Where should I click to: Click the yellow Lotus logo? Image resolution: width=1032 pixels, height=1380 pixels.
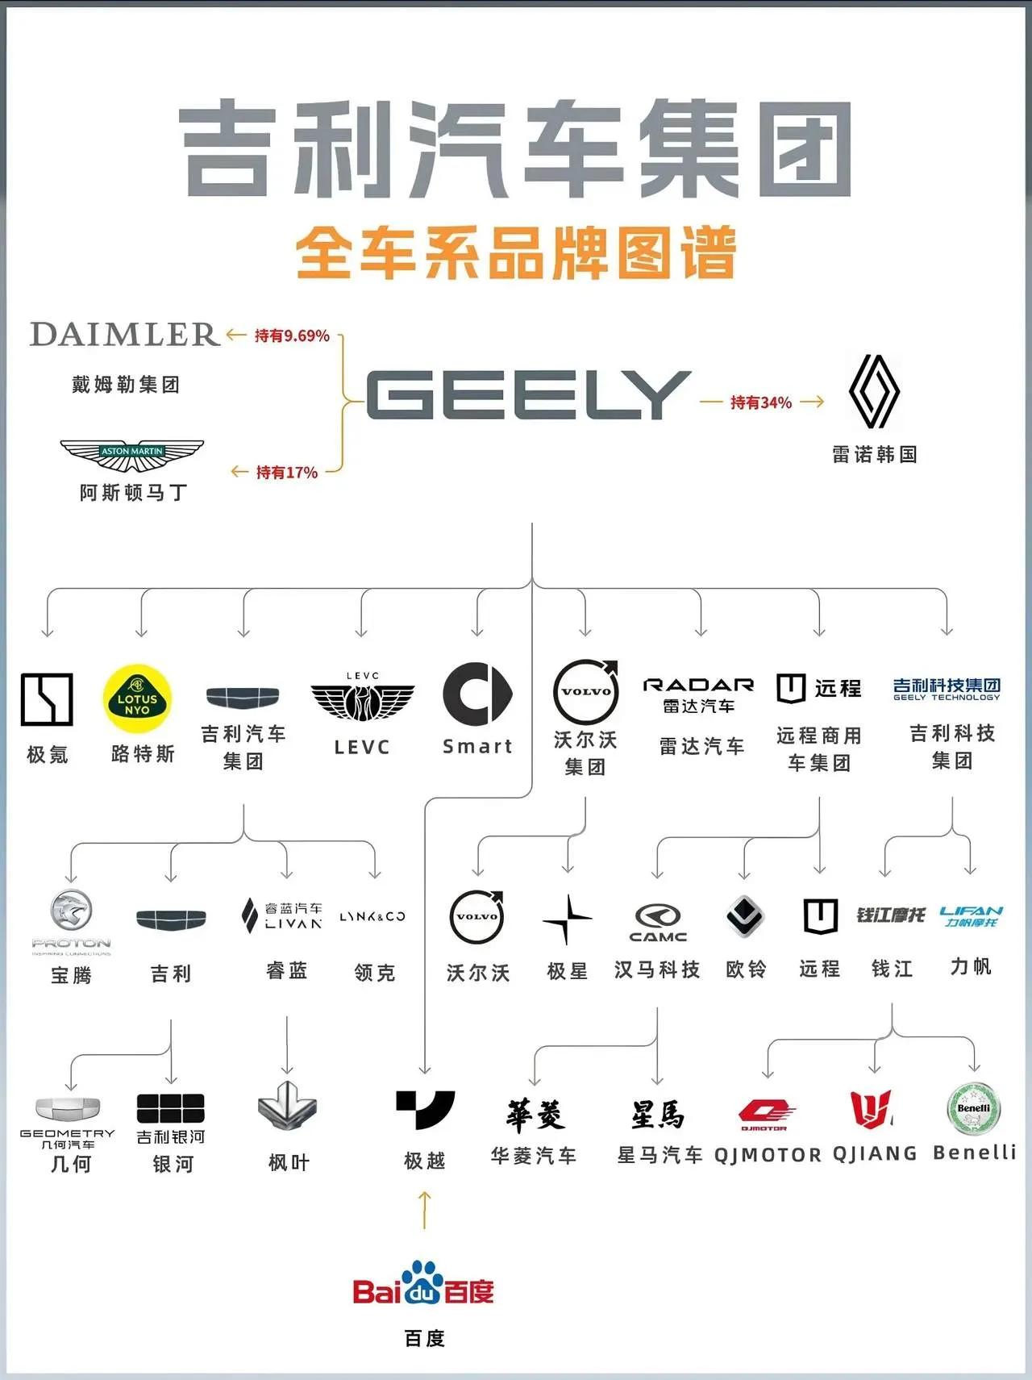[x=137, y=698]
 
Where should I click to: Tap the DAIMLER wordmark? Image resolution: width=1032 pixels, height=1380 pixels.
[x=124, y=334]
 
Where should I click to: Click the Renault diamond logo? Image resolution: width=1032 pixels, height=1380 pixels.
[x=874, y=391]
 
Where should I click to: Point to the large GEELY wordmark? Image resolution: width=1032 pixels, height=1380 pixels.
[x=528, y=395]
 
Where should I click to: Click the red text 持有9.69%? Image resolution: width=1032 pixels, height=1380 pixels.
[x=292, y=336]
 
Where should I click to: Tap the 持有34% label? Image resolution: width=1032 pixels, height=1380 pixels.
[x=761, y=402]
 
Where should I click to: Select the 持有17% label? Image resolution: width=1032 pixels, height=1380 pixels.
[x=286, y=473]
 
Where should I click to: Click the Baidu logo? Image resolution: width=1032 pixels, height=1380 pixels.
[x=423, y=1284]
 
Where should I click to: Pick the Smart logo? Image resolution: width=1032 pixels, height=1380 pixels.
[x=477, y=694]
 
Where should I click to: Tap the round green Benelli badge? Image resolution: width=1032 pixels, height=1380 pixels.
[x=973, y=1109]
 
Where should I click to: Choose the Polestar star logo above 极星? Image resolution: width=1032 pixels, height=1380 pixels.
[x=567, y=919]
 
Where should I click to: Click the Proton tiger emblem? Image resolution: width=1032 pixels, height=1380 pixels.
[x=71, y=912]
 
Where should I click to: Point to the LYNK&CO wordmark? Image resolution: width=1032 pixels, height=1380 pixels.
[x=372, y=916]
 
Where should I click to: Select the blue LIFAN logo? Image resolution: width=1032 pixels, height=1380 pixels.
[x=971, y=915]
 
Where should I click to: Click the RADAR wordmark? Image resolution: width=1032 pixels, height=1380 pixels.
[x=698, y=685]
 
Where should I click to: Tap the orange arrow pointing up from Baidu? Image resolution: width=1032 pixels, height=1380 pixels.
[x=425, y=1210]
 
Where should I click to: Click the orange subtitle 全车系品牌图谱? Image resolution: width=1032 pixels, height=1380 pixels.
[x=516, y=253]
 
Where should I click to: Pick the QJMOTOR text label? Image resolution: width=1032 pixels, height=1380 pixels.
[x=768, y=1155]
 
